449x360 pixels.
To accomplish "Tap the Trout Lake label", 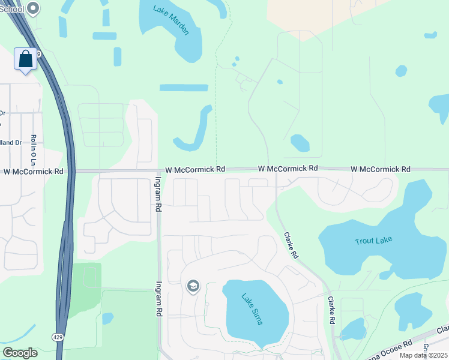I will coord(373,240).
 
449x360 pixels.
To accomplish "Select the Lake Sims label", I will coord(252,308).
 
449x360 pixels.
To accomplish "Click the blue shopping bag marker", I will coord(25,59).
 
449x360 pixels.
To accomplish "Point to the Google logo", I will coord(20,353).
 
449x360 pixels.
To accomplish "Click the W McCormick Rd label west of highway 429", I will coord(34,172).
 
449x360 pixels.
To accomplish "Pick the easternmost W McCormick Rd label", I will coord(381,169).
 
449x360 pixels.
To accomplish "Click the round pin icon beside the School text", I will coord(34,8).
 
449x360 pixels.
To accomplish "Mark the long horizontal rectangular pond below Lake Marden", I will coord(184,88).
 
